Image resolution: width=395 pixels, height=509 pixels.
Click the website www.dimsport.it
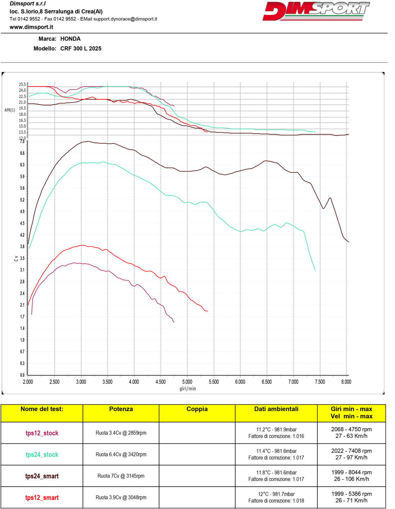31,27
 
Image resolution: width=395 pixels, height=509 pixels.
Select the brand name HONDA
70,39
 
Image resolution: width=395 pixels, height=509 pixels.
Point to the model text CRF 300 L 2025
81,48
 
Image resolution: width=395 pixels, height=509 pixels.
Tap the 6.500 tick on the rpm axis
267,382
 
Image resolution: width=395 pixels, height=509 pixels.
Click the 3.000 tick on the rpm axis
81,382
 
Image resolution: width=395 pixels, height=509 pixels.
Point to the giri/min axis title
187,389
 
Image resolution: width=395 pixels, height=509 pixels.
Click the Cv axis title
16,258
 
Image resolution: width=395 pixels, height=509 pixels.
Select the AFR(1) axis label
10,110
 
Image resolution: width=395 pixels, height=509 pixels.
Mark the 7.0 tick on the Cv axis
22,142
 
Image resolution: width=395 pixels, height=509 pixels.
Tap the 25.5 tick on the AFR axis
22,84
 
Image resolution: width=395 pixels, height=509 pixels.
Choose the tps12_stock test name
42,433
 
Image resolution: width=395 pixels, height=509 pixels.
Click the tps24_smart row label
42,476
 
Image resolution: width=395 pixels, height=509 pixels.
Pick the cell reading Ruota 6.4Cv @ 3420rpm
121,454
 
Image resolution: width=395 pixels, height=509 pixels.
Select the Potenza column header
121,409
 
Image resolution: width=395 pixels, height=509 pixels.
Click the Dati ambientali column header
276,409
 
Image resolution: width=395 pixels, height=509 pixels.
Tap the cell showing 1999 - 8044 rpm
352,472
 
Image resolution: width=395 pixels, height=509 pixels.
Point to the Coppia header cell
197,409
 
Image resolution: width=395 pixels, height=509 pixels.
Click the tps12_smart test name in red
42,498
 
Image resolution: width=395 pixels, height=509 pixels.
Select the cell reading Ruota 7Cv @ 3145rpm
121,476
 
